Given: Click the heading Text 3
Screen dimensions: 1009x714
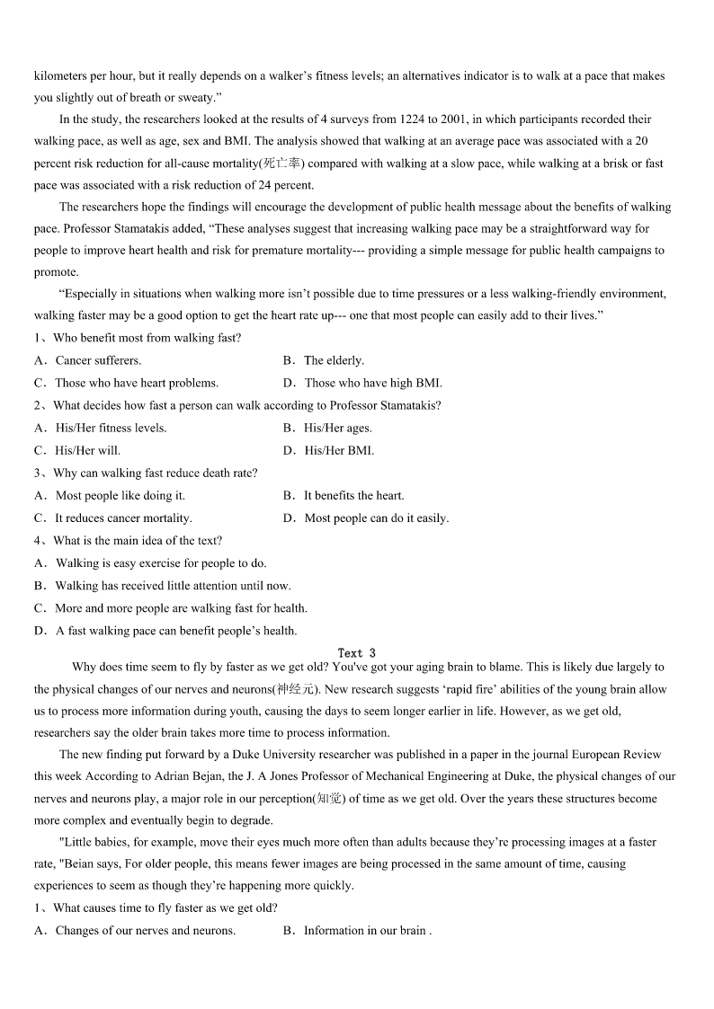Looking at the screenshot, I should pos(356,653).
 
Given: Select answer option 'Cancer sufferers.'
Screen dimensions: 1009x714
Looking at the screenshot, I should pos(98,360).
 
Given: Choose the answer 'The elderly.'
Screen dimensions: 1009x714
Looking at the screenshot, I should pos(334,360).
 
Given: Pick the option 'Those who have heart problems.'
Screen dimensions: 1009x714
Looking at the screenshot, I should pos(137,383).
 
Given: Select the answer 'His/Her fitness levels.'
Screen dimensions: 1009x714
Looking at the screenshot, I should pos(111,428).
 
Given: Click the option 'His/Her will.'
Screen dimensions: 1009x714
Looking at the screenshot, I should pos(87,450).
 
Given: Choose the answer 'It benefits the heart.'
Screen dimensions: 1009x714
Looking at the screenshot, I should pos(353,495).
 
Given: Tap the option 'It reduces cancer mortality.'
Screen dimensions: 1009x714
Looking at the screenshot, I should pos(123,518).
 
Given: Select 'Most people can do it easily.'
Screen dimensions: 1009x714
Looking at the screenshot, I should pos(376,518).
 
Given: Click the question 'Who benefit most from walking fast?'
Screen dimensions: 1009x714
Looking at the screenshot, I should pos(147,338).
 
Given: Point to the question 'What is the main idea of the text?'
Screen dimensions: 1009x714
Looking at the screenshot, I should pos(137,540).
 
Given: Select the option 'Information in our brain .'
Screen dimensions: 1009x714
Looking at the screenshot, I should pos(367,930).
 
